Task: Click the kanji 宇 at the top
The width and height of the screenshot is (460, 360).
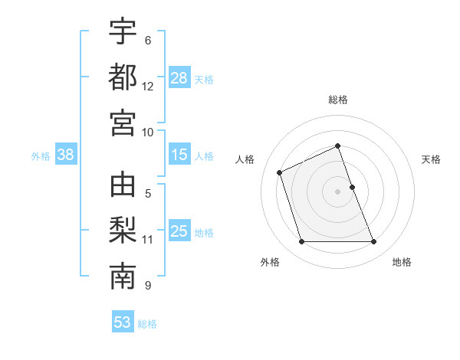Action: click(x=123, y=31)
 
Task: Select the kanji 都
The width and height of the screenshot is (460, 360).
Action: click(x=123, y=77)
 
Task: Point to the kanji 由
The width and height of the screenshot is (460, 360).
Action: click(x=123, y=187)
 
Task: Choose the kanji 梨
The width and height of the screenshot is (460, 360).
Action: click(x=123, y=232)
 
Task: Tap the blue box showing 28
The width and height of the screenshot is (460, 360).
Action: click(x=179, y=78)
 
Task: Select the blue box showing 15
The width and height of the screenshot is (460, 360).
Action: click(x=179, y=155)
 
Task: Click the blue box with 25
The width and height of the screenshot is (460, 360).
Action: click(x=179, y=231)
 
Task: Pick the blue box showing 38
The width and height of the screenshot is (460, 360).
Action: click(x=65, y=155)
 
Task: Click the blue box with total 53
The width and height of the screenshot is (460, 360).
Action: click(x=123, y=322)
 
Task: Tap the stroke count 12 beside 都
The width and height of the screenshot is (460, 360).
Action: click(x=148, y=87)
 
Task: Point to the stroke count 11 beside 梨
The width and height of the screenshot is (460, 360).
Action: click(x=148, y=240)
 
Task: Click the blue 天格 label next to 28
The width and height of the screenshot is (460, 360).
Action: click(x=204, y=79)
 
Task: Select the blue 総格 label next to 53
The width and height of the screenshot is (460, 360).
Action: click(x=147, y=323)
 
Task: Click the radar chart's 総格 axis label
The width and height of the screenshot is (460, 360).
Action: click(x=337, y=100)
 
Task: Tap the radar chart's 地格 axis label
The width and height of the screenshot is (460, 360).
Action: click(x=402, y=262)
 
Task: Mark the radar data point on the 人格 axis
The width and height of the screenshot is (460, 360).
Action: click(x=281, y=172)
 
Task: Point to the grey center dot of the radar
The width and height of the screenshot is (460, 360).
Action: click(x=337, y=191)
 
